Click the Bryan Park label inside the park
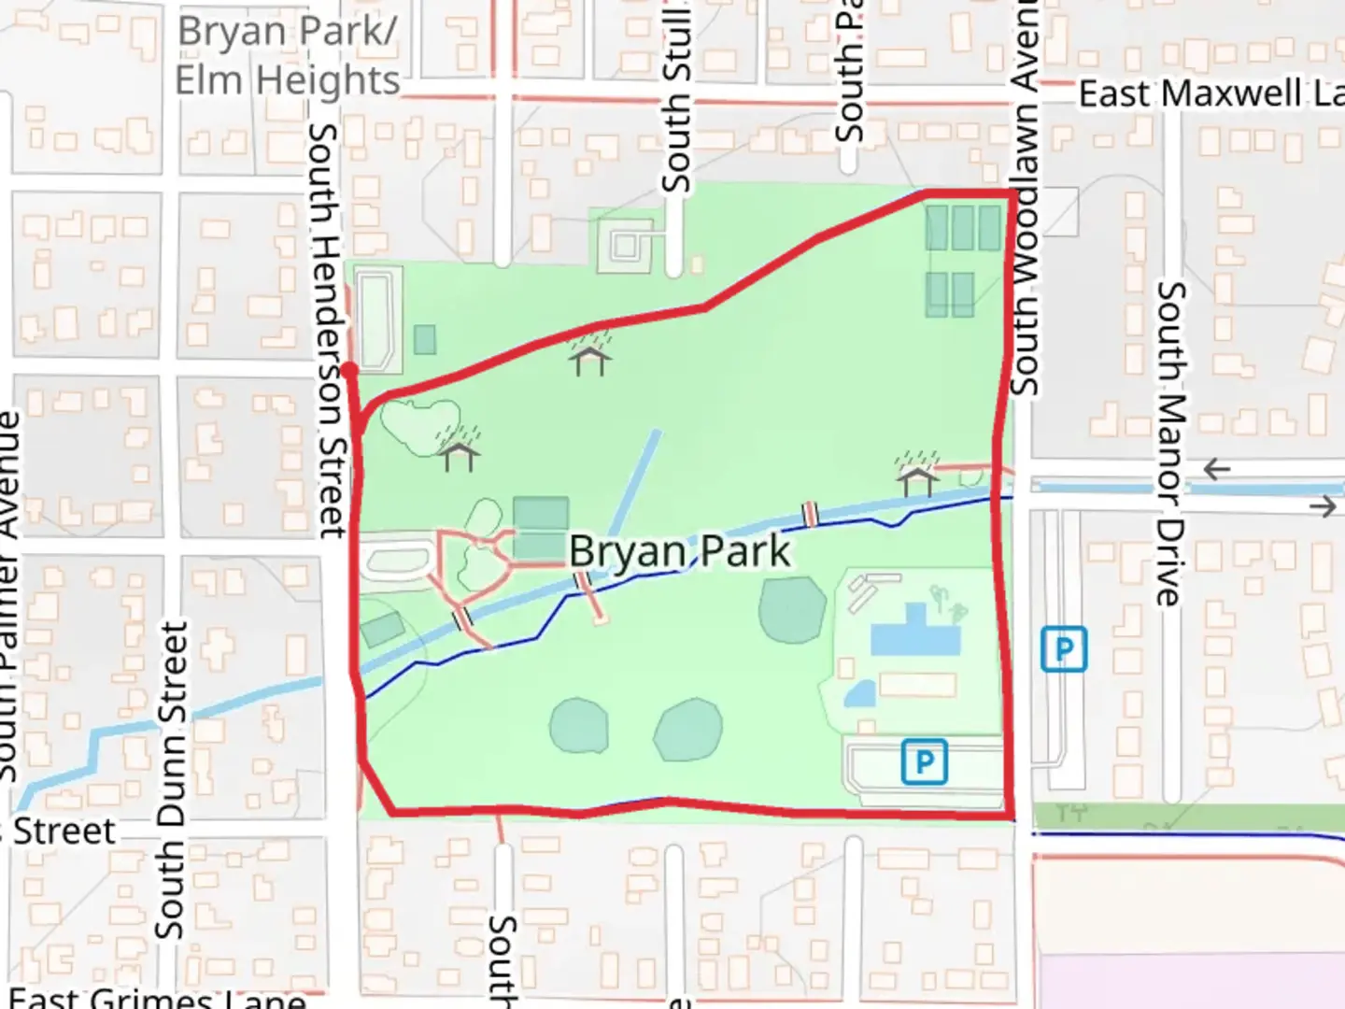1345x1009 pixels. point(679,551)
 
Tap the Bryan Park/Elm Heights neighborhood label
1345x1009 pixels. point(287,56)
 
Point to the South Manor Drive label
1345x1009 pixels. point(1170,443)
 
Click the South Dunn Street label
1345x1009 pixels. point(170,780)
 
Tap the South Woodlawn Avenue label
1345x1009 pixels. point(1025,196)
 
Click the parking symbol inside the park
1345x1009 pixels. point(924,761)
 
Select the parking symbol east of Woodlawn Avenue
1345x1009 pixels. point(1064,648)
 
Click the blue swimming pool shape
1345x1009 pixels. point(914,632)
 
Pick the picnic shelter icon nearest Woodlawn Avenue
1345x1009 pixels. point(916,474)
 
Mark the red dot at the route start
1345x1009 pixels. point(348,371)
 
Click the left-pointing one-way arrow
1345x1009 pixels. point(1216,469)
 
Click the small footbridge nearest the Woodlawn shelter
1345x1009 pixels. point(811,514)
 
